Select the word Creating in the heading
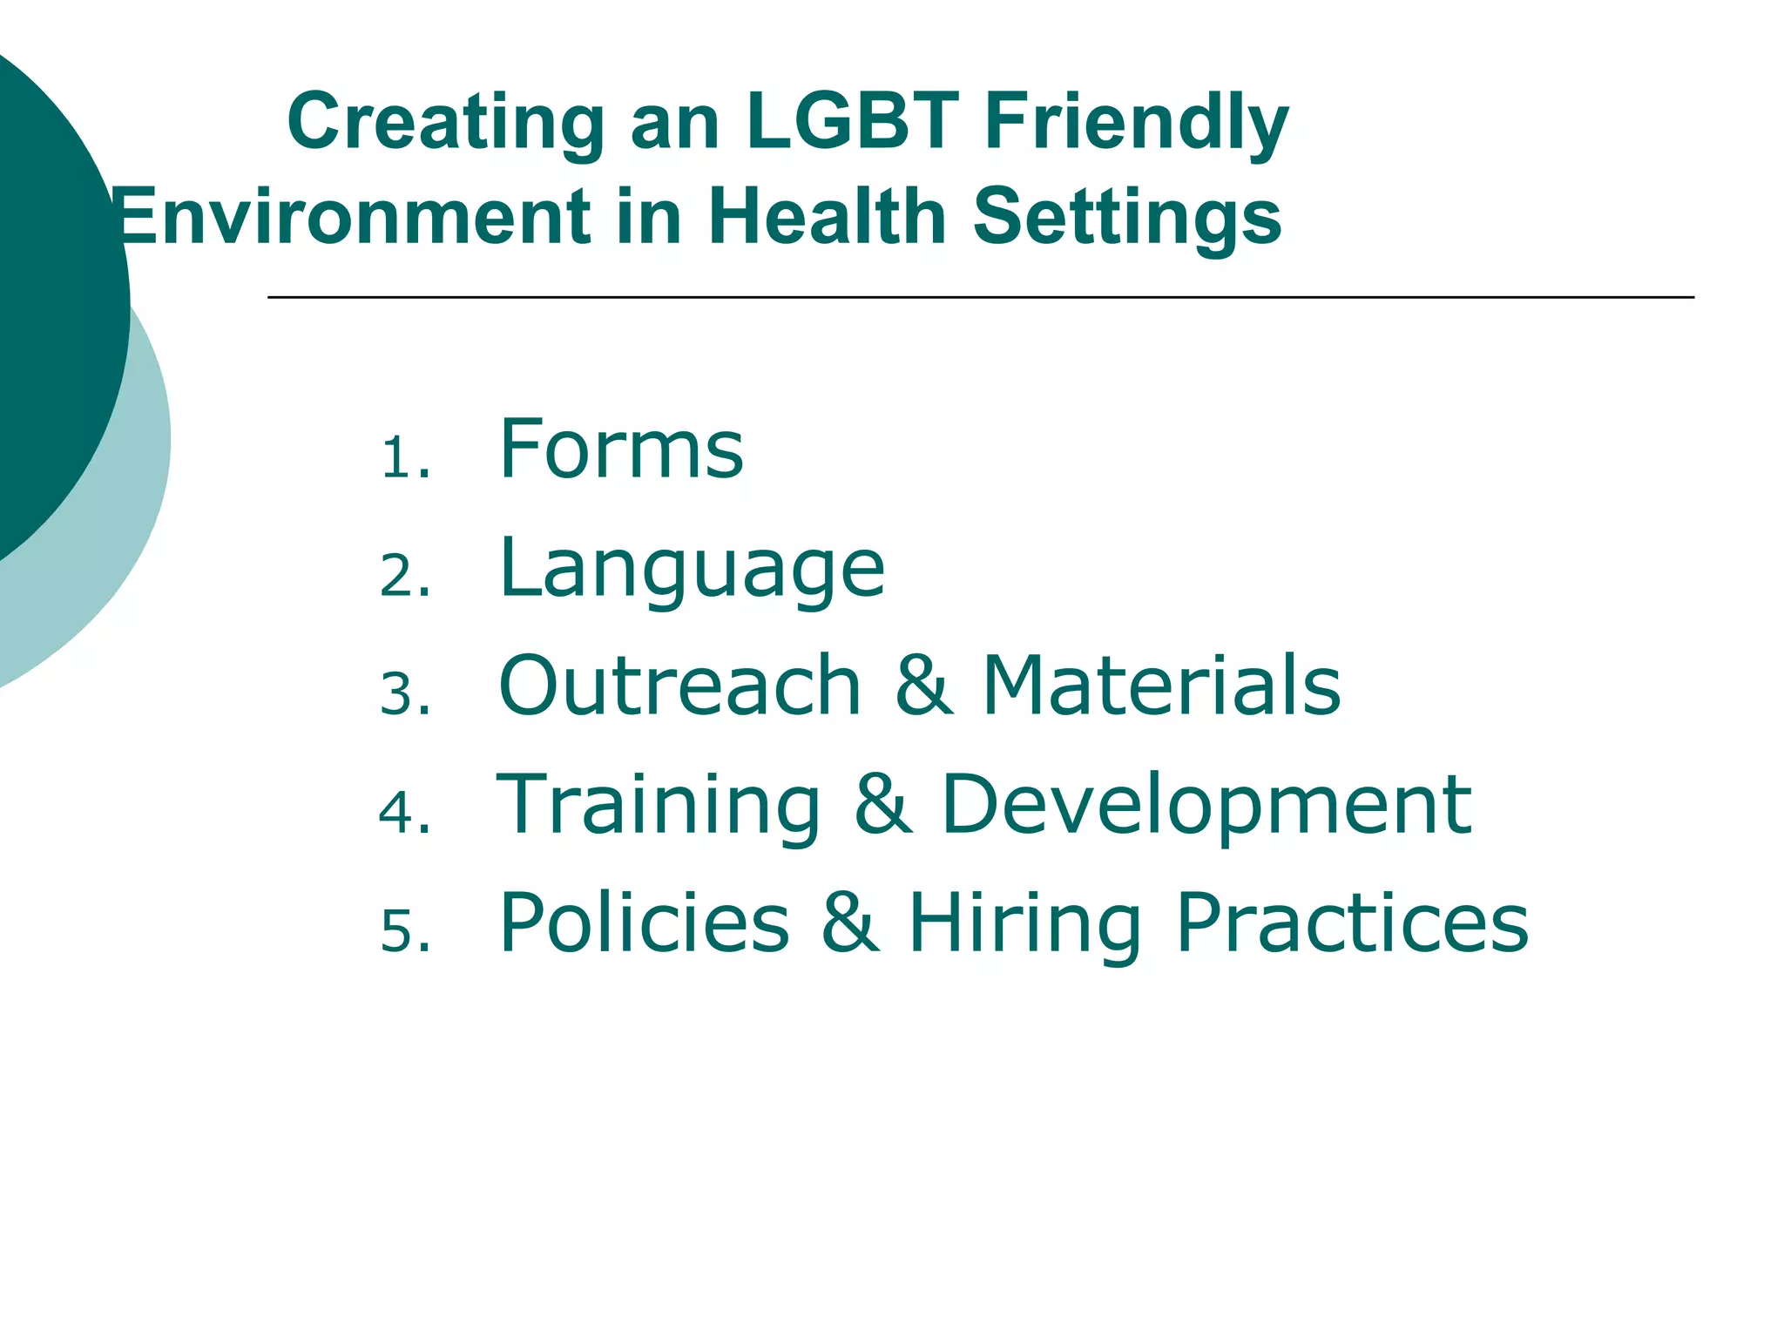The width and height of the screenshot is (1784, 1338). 445,123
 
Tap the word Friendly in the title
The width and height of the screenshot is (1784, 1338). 1136,123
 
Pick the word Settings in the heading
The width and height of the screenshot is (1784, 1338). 1126,218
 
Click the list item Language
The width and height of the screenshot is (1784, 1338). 692,569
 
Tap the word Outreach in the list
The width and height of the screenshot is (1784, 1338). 679,686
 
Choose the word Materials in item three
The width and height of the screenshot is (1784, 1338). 1161,686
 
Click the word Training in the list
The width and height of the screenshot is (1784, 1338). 659,806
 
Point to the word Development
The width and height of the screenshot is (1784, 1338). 1206,806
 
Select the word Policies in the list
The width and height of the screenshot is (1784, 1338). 645,922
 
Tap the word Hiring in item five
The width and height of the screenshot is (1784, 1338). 1024,924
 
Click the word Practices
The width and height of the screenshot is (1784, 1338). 1351,922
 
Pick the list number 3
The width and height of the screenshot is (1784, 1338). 404,696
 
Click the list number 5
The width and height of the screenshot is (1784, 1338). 404,931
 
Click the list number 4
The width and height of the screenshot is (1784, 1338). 404,814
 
